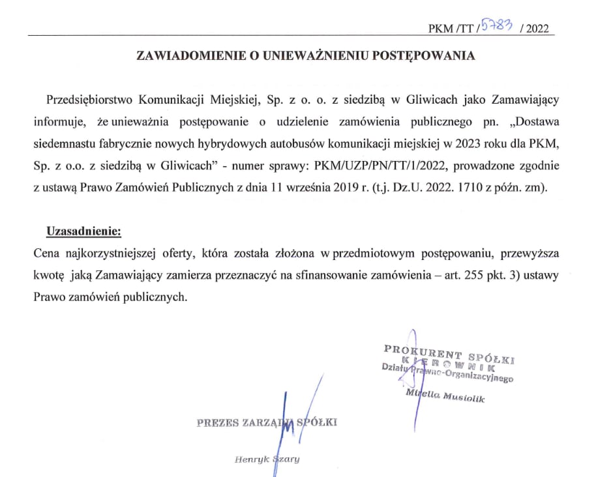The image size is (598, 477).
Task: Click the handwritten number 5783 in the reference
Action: [x=496, y=25]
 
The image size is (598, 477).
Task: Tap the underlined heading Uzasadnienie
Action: [x=83, y=231]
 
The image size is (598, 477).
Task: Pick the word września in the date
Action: [x=297, y=188]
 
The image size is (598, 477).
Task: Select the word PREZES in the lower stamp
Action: [x=217, y=422]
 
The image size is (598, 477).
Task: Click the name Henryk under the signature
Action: [x=248, y=459]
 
